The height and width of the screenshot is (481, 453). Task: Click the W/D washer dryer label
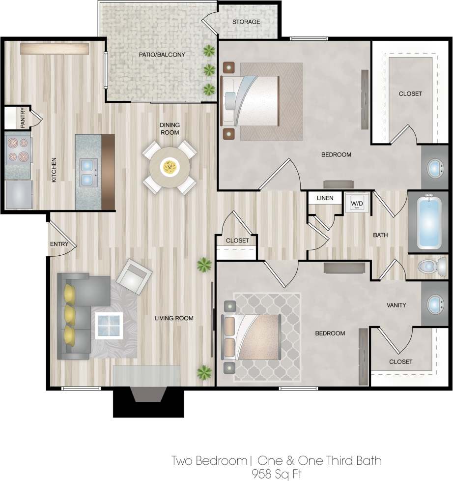356,202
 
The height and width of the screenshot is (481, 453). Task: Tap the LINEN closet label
325,198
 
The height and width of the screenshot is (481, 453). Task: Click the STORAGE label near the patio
246,22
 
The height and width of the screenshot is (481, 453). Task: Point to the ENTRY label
59,244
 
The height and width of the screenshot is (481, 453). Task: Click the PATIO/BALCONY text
162,55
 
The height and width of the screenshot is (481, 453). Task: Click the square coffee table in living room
109,325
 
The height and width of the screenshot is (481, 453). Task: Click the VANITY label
396,305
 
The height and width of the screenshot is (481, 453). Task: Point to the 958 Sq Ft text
276,474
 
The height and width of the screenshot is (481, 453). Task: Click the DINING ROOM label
170,129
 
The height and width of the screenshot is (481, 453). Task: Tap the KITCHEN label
54,170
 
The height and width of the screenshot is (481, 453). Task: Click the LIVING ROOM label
174,318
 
